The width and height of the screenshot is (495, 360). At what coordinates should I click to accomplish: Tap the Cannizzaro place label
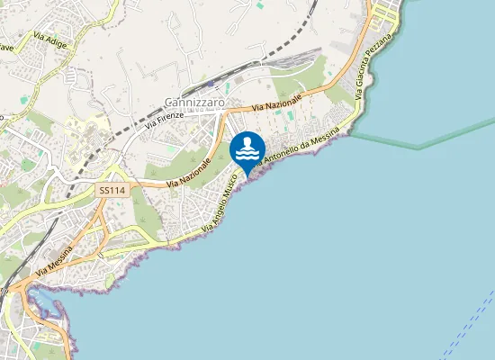193,103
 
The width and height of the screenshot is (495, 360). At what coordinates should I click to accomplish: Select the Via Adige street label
54,39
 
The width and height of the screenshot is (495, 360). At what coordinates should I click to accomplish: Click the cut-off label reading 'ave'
6,49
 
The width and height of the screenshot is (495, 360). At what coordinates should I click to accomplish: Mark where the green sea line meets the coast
353,135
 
